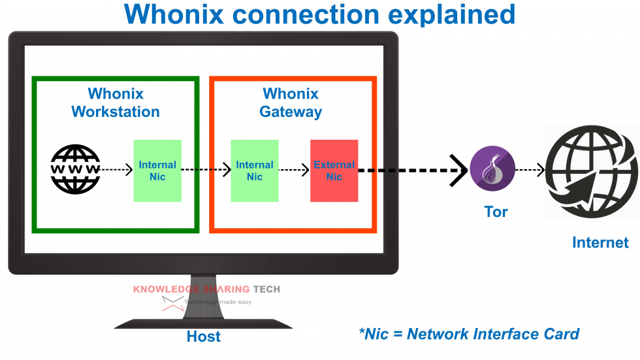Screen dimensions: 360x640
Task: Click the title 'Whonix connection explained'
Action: click(319, 14)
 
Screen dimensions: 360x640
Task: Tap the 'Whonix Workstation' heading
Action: click(116, 103)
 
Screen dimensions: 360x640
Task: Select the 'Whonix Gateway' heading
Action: click(291, 103)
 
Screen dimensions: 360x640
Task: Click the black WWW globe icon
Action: click(76, 169)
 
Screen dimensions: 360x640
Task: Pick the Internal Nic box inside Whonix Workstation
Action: click(157, 171)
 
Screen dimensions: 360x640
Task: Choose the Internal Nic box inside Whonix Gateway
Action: click(255, 171)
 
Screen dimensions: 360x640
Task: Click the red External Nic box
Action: click(334, 171)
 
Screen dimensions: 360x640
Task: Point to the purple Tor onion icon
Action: click(492, 169)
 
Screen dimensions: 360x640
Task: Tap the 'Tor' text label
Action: click(496, 212)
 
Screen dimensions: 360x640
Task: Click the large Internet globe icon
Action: click(591, 171)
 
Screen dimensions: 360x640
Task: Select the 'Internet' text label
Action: click(600, 242)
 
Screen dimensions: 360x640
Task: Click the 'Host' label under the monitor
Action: click(204, 336)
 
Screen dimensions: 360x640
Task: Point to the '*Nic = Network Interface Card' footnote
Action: click(469, 334)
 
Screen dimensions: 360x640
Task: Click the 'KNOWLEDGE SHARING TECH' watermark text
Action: click(206, 289)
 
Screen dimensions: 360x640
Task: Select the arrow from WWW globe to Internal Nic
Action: click(117, 170)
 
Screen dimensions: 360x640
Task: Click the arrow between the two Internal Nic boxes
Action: click(206, 170)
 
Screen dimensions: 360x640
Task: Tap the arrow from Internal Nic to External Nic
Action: click(294, 170)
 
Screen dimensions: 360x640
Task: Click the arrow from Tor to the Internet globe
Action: click(530, 170)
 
